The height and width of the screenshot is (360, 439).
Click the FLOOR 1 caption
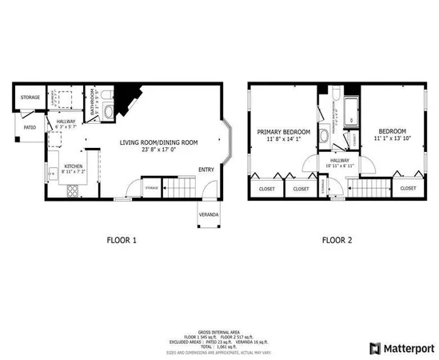122,238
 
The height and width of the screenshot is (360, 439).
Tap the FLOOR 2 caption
337,238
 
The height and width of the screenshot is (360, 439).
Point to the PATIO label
29,126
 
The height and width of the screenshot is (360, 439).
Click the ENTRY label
206,169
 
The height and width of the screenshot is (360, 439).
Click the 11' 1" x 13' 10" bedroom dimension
392,138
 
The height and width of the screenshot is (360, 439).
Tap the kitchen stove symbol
73,190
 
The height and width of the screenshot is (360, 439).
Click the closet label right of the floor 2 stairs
408,188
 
